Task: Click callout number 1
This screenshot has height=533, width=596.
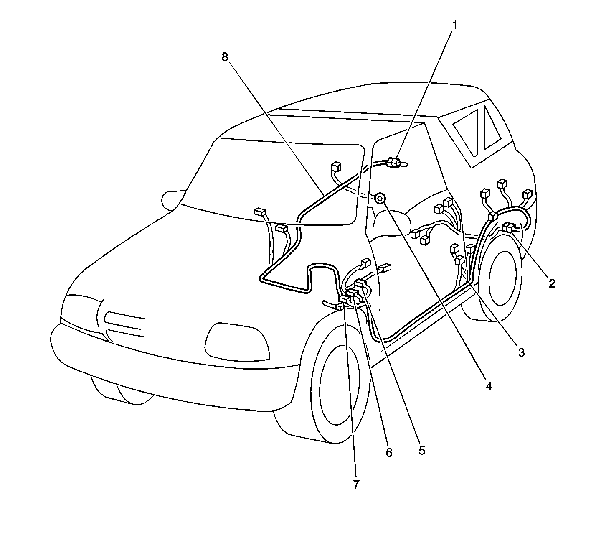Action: [x=454, y=26]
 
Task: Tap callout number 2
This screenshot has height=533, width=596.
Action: [x=552, y=283]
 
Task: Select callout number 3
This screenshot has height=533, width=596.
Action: [x=521, y=352]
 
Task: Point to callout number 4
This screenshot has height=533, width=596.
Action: [x=488, y=386]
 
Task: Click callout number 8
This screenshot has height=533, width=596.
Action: [x=225, y=57]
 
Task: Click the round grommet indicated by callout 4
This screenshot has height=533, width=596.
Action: [x=380, y=198]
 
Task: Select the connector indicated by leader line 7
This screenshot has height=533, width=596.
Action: [x=344, y=299]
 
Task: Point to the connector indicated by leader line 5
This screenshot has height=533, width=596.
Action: [x=360, y=283]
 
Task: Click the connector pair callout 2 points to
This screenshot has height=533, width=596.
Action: [x=508, y=227]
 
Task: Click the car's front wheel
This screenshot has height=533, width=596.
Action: [x=340, y=383]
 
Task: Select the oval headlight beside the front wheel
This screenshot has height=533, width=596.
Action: [x=237, y=342]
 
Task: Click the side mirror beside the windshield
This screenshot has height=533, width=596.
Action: [x=172, y=201]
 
